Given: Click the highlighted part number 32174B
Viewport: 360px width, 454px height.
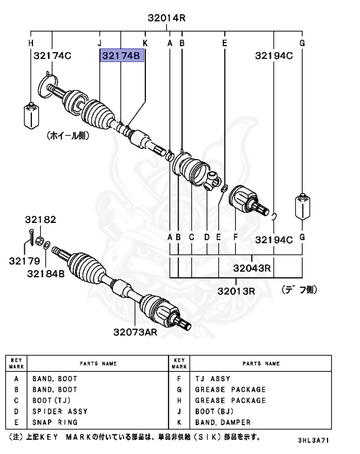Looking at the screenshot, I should click(x=122, y=56).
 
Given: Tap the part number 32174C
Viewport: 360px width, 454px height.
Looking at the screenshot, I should click(x=51, y=56).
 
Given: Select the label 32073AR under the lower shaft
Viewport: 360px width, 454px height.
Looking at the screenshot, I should click(x=135, y=332).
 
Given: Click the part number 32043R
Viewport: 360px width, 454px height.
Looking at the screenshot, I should click(x=251, y=268).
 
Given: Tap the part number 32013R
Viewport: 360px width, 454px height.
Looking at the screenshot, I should click(x=235, y=291).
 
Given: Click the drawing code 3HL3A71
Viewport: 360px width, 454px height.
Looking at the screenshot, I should click(x=315, y=440).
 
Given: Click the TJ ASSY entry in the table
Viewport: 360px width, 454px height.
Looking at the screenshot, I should click(x=212, y=378).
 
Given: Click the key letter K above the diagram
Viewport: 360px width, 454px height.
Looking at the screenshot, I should click(x=145, y=43).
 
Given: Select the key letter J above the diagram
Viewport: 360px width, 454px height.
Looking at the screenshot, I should click(x=99, y=43).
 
